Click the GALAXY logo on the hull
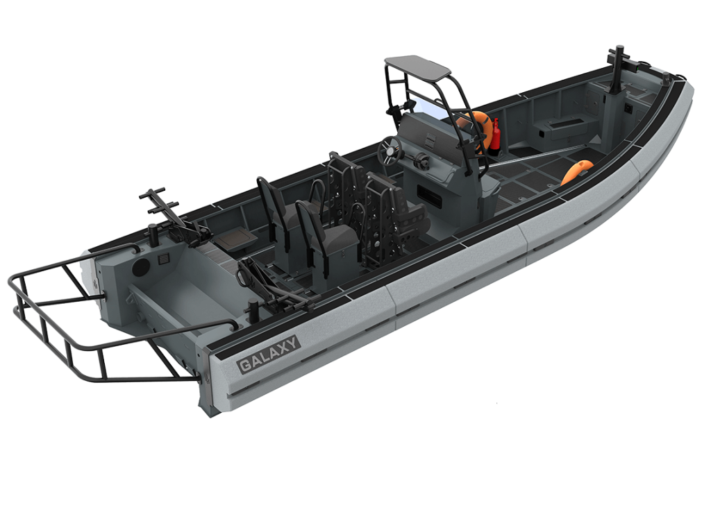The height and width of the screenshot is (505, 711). point(269,354)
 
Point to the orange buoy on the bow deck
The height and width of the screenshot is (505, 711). point(576,171)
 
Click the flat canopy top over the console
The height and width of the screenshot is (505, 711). point(417,66)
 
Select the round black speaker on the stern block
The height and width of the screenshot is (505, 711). point(140,267)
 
